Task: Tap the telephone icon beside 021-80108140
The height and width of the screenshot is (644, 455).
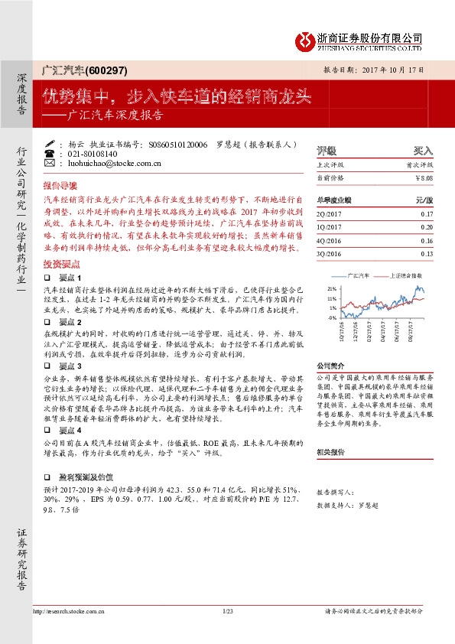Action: [50, 153]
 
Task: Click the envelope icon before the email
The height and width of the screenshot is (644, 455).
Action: [50, 163]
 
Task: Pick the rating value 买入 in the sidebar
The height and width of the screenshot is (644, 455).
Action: [423, 150]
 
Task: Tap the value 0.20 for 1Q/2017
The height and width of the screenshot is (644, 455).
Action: [426, 227]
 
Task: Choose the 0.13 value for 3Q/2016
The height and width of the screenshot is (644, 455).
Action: [426, 253]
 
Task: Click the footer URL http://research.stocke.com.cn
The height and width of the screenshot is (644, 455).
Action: [69, 611]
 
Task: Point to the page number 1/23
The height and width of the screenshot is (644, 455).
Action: [227, 611]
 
